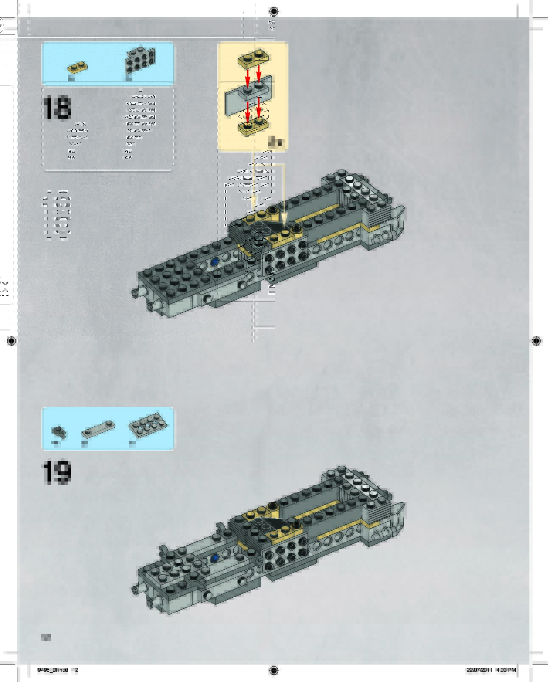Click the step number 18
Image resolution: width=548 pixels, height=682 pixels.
(57, 108)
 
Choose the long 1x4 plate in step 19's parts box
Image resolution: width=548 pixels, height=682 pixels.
(98, 429)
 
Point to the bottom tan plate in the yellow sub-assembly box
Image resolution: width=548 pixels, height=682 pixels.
(253, 126)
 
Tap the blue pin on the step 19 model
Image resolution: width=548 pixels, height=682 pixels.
(215, 557)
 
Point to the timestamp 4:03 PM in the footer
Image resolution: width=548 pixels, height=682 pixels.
(506, 670)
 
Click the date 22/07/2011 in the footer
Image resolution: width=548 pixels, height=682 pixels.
(479, 670)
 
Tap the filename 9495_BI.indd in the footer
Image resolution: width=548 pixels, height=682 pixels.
(53, 670)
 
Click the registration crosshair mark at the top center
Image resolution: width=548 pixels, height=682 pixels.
(274, 11)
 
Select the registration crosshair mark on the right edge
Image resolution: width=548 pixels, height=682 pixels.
(536, 341)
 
